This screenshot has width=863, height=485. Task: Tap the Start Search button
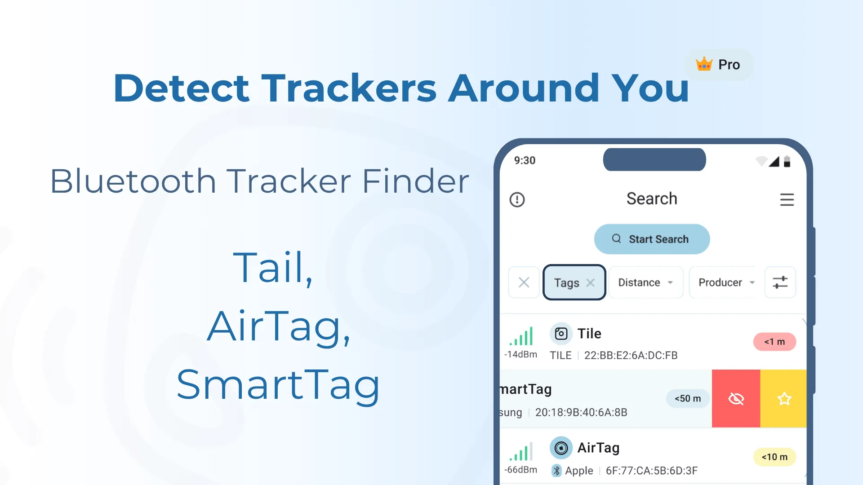(652, 239)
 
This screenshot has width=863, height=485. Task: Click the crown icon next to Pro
(704, 64)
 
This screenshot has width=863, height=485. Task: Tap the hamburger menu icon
(787, 199)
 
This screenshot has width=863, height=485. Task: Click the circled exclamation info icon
(517, 199)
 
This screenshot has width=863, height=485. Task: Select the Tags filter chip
(567, 282)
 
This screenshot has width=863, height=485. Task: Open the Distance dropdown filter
(645, 282)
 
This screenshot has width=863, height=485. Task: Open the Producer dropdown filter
(725, 282)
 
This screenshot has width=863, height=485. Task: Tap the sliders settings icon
(780, 282)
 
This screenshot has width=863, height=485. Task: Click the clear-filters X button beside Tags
(524, 282)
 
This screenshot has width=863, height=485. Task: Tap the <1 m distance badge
(774, 342)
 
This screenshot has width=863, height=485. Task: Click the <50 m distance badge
(688, 398)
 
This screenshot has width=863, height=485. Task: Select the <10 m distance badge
(774, 457)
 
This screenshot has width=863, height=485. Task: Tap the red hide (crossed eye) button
(736, 398)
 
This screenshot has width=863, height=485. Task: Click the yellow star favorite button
(784, 398)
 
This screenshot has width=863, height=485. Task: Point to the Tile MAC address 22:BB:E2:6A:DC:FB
(631, 355)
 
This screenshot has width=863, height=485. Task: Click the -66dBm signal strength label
(520, 470)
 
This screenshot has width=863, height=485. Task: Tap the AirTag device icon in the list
(561, 448)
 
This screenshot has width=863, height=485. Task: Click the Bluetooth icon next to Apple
(556, 470)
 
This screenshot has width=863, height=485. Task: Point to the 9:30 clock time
(525, 160)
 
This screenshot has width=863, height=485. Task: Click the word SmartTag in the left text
(278, 385)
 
